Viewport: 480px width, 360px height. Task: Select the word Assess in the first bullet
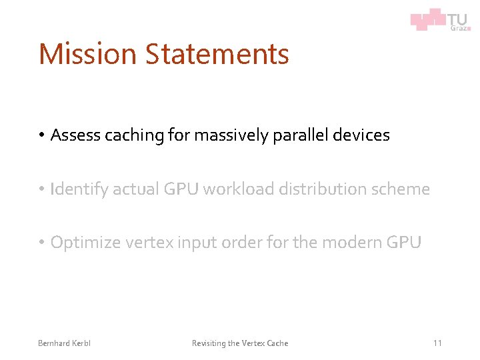(73, 135)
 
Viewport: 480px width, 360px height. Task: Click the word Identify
(79, 189)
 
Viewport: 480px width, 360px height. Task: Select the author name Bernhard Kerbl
(64, 343)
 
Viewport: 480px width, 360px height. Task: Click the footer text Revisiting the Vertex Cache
(240, 343)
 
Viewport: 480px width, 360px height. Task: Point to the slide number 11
(437, 343)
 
